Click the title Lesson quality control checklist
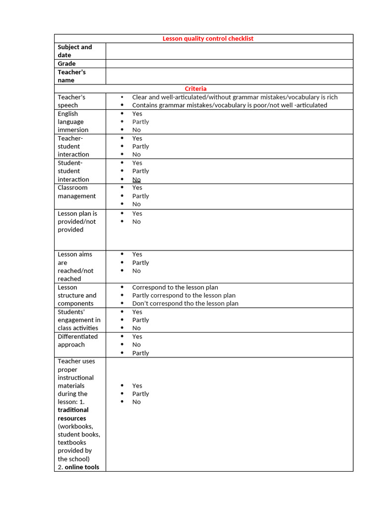point(208,38)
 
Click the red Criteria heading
point(195,88)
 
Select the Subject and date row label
point(75,51)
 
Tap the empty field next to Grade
point(229,64)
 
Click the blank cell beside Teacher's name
point(229,76)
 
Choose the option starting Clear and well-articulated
point(235,97)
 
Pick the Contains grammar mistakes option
point(229,105)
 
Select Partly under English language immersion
point(140,122)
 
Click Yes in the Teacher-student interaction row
point(137,138)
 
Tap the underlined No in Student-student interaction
point(136,179)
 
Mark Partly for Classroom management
point(140,196)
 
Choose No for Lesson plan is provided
point(136,222)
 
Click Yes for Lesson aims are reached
point(137,254)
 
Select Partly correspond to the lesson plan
point(184,295)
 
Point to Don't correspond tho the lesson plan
point(185,303)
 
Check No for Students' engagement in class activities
point(136,328)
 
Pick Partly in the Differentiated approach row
point(140,353)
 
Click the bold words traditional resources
point(73,414)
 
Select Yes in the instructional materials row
point(137,386)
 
